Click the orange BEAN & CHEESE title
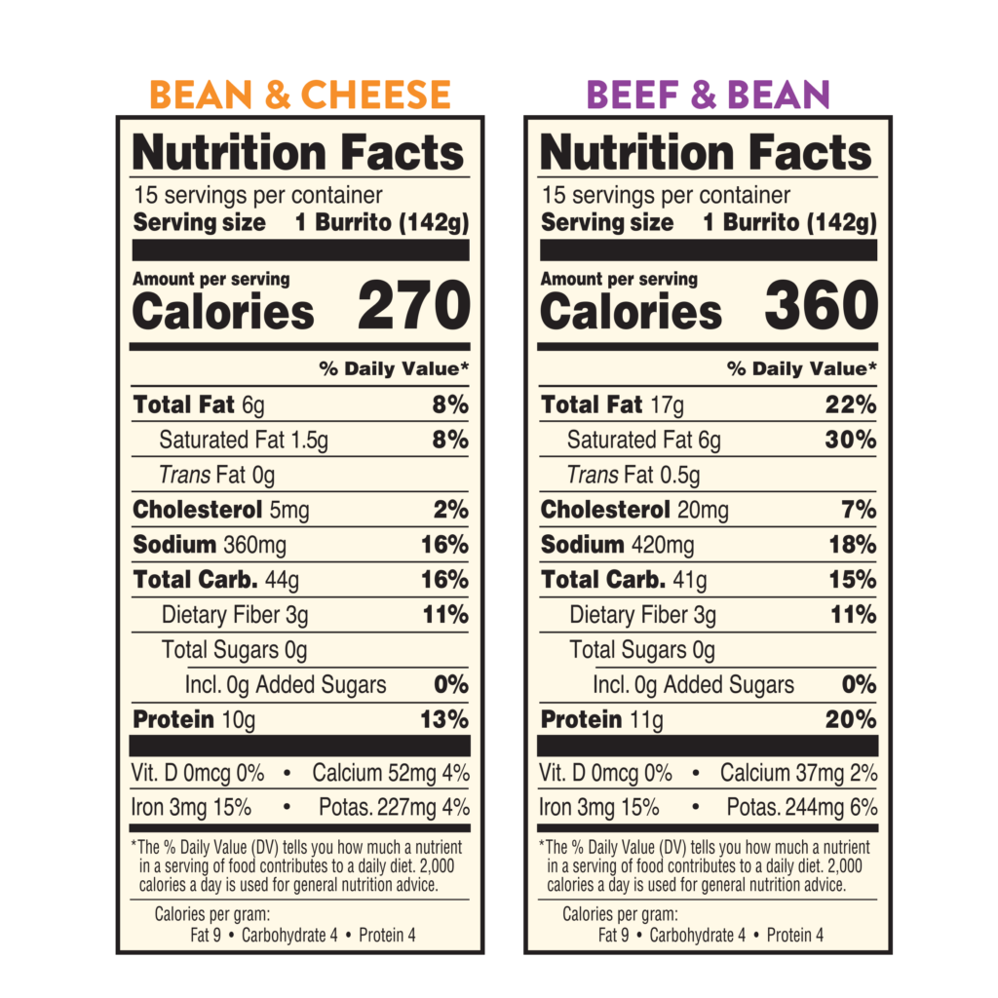point(300,96)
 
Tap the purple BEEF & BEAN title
point(708,96)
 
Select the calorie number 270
point(413,306)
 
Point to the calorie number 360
point(821,306)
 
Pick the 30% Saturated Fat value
point(851,440)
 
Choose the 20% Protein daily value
point(852,720)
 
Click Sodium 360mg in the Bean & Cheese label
point(210,545)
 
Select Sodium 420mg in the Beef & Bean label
point(617,545)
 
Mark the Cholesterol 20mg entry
point(634,510)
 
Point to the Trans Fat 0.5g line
point(633,476)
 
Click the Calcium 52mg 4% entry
point(391,774)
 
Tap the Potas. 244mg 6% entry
point(801,808)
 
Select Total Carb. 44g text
point(216,580)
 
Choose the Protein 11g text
point(601,720)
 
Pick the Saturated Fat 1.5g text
point(244,441)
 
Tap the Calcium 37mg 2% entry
point(798,774)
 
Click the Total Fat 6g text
point(199,404)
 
